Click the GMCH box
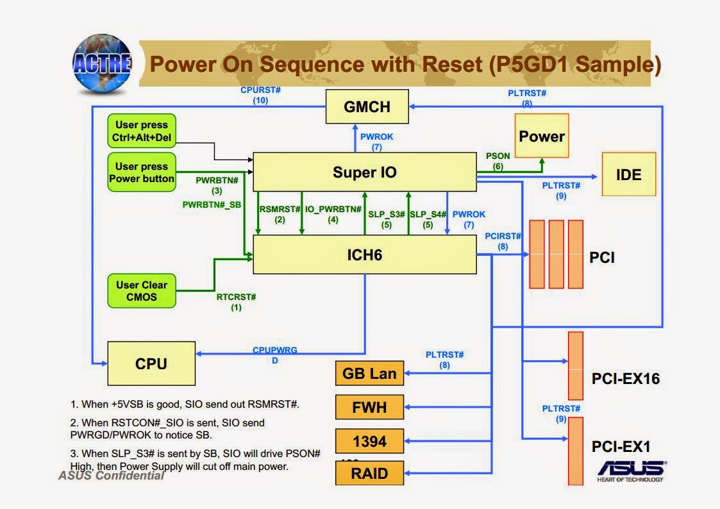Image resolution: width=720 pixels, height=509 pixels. (367, 106)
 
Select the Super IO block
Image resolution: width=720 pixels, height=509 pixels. (364, 172)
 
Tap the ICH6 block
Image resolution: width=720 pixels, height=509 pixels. (364, 254)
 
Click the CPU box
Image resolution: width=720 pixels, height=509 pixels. (151, 363)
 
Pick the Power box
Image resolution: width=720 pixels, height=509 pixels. (542, 136)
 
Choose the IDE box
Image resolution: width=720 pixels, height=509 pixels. (628, 174)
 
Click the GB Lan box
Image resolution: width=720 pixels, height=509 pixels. (369, 373)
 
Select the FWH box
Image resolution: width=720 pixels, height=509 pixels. (369, 406)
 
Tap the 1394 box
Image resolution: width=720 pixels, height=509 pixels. (369, 441)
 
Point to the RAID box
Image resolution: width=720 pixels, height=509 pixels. (369, 474)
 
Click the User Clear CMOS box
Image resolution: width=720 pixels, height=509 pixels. (142, 290)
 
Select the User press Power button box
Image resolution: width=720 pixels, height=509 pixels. (142, 172)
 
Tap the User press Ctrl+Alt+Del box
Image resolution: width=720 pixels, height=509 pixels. (142, 131)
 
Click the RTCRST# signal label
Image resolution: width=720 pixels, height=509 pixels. (236, 297)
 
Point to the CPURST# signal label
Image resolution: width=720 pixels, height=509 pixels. (260, 90)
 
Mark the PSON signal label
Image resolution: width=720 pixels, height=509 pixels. (498, 156)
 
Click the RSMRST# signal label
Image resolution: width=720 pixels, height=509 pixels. (280, 209)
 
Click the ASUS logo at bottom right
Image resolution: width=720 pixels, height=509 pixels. (631, 470)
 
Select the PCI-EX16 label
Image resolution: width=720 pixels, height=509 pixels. (625, 379)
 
